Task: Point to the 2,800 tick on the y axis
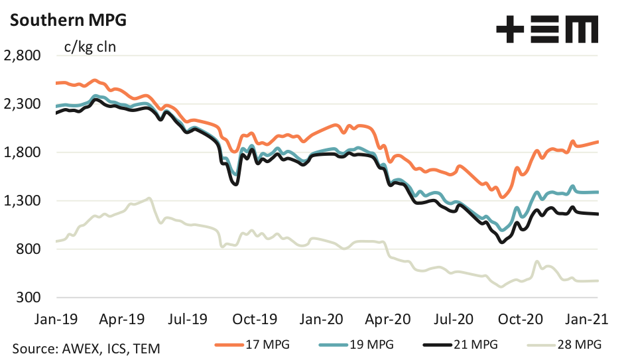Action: pos(23,56)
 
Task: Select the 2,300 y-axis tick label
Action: pos(23,104)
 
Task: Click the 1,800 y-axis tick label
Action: pos(23,152)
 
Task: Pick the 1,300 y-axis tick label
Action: pos(23,201)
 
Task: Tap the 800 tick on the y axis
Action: pos(29,249)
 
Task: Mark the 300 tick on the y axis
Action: pos(29,298)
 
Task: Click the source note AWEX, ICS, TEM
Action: pos(86,347)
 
